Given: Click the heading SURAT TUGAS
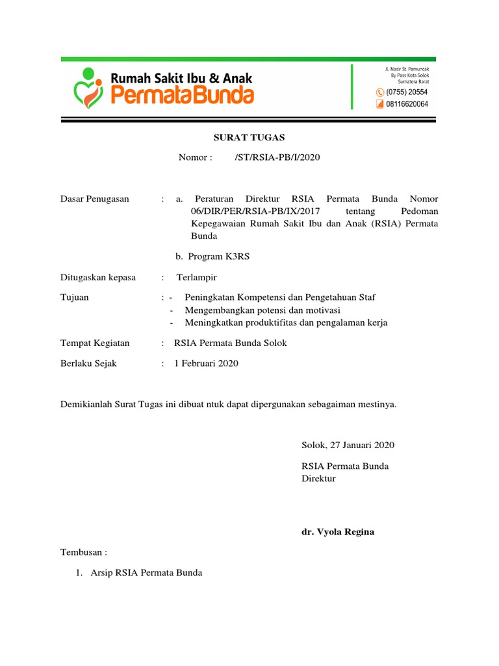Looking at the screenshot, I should (x=249, y=137).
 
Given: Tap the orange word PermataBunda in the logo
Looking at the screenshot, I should (x=183, y=96).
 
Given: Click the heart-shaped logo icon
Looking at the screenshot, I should (x=89, y=87).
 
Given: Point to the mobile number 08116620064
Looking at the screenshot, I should (x=407, y=103).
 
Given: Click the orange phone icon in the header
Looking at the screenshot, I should (x=380, y=92).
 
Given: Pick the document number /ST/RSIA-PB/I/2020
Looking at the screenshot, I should (x=277, y=157).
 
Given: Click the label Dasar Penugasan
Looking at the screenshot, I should (x=95, y=199).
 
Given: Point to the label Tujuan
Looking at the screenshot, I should (x=75, y=297).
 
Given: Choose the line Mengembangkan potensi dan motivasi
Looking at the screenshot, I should (x=262, y=310).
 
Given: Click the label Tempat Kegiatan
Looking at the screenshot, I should (x=95, y=343).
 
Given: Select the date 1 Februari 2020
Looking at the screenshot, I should (x=207, y=364).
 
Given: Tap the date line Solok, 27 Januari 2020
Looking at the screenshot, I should (x=348, y=446).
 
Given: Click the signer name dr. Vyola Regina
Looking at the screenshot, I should (x=337, y=532).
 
